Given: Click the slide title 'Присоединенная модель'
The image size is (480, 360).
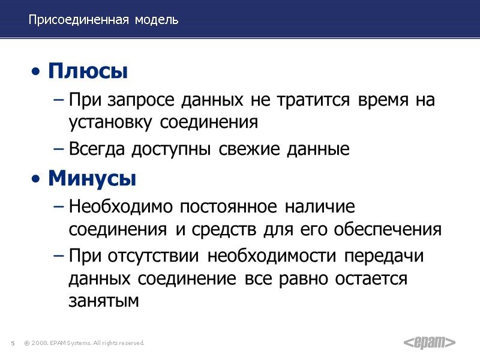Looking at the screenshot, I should (103, 20).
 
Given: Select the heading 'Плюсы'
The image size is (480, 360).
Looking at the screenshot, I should (88, 72).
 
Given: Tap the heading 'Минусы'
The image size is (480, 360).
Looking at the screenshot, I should (92, 178).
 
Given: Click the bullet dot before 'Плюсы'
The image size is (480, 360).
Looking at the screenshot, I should (37, 73).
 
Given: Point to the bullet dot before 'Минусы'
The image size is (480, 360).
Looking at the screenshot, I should (37, 179).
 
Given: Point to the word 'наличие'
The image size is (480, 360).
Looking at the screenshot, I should (320, 207).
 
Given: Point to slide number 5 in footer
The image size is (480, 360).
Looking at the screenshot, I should (12, 343).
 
